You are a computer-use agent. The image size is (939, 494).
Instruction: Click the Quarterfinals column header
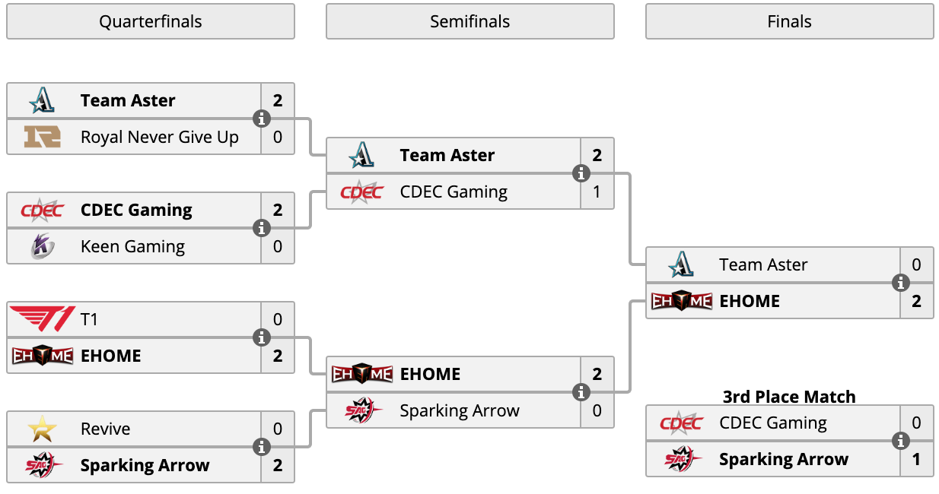coord(151,21)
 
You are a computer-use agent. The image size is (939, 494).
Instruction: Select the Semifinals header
coord(470,21)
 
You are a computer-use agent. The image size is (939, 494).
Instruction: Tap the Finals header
coord(789,21)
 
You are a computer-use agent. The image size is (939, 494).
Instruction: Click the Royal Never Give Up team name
coord(160,138)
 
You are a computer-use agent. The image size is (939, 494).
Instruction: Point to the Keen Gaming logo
coord(43,246)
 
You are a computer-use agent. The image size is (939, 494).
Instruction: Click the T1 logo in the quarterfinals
coord(42,319)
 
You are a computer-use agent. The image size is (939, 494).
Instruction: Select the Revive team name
coord(105,429)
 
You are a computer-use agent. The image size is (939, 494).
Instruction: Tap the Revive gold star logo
coord(42,429)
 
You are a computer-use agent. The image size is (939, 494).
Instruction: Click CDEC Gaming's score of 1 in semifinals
coord(597,192)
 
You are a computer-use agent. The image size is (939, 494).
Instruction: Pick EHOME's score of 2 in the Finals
coord(916,301)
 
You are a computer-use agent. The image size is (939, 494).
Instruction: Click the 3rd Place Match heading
coord(789,397)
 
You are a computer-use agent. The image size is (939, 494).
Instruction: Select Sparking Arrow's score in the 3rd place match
coord(916,459)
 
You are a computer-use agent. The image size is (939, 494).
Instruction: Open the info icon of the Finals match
coord(900,283)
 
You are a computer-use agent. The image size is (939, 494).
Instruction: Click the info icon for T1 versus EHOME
coord(262,337)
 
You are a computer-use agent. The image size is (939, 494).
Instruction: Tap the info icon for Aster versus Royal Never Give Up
coord(262,119)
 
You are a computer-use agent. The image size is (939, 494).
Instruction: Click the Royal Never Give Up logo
coord(42,137)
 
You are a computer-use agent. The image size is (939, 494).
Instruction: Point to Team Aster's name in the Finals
coord(763,264)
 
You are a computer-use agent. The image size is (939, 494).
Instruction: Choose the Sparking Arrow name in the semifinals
coord(460,410)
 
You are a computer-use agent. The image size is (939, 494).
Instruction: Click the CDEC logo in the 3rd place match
coord(682,423)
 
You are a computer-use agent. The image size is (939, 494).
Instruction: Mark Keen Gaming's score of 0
coord(278,246)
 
